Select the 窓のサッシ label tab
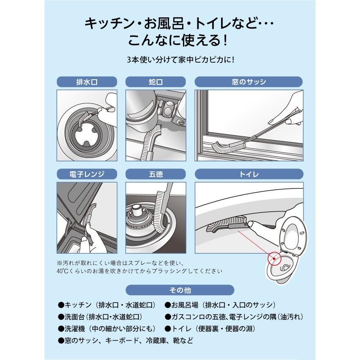click(x=249, y=82)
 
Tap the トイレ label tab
click(x=249, y=174)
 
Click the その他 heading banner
click(x=180, y=290)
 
